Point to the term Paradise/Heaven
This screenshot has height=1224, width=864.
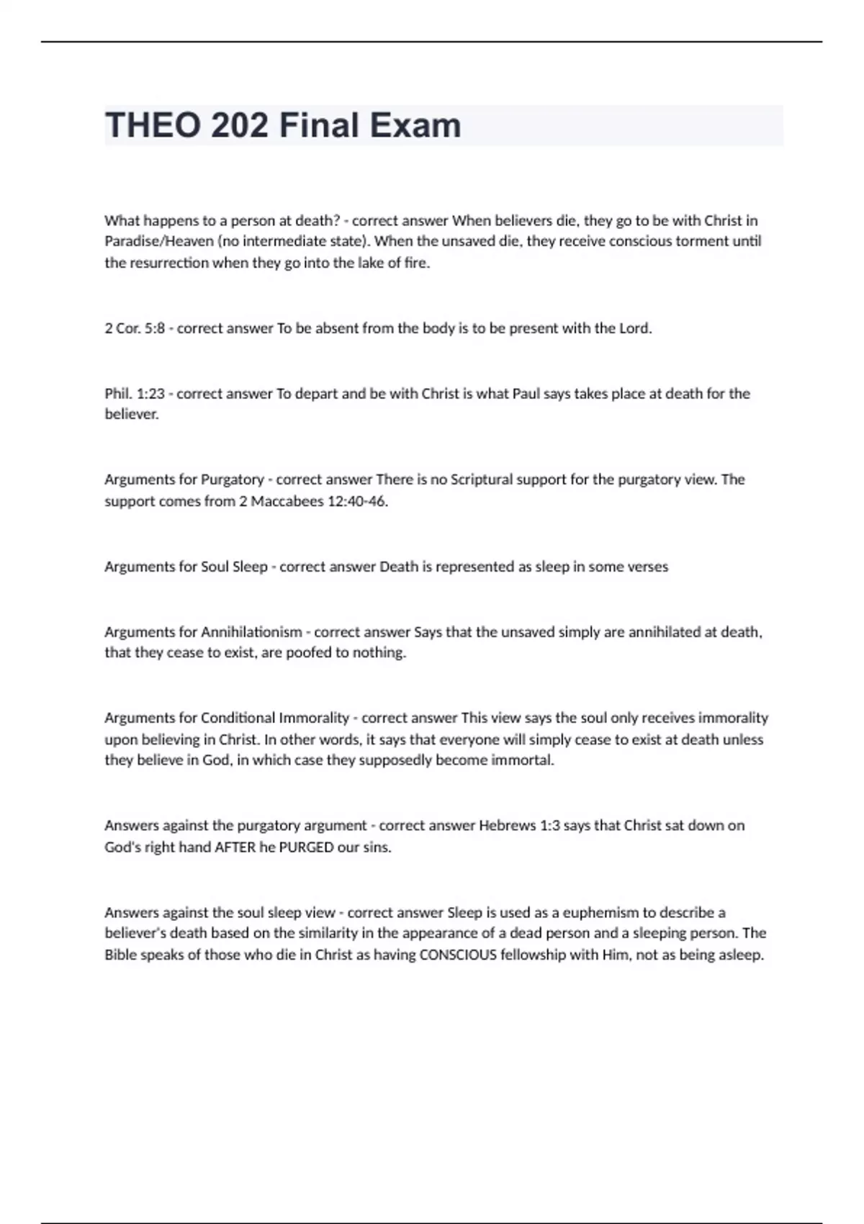click(x=158, y=241)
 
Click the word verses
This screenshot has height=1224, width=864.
click(x=648, y=567)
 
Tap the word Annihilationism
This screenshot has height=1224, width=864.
click(x=251, y=632)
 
